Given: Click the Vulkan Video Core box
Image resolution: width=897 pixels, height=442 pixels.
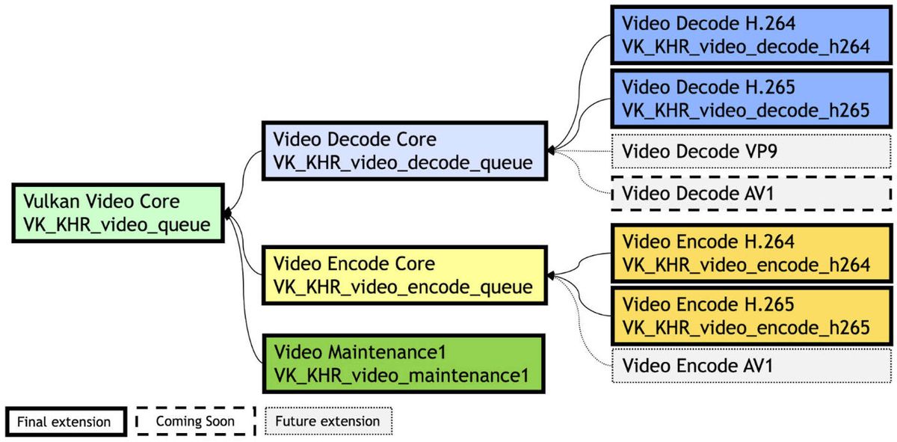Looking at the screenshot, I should click(x=118, y=213).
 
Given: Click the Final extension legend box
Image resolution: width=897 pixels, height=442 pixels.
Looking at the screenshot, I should click(x=64, y=422).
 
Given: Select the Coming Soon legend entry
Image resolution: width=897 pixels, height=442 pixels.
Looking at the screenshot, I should click(x=195, y=421).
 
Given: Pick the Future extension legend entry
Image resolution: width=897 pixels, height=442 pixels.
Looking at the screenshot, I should click(x=328, y=421).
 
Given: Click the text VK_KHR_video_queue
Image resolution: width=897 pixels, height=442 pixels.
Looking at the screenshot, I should click(x=117, y=224).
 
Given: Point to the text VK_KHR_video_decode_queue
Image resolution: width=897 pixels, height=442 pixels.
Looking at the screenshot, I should click(x=403, y=162).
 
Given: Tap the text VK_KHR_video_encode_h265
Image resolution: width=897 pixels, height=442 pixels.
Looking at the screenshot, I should click(x=746, y=327).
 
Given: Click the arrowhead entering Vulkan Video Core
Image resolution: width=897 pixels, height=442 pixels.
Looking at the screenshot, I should click(x=228, y=214).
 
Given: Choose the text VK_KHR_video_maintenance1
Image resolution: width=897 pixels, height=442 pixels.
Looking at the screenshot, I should click(x=402, y=375).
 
